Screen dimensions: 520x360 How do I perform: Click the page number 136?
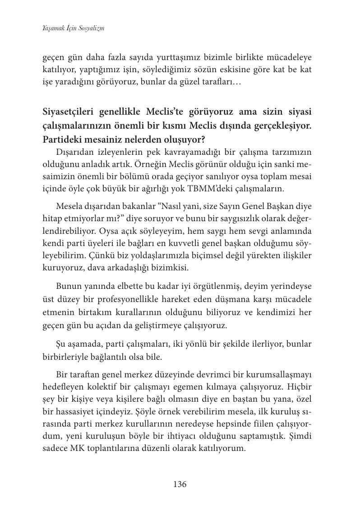tap(180, 484)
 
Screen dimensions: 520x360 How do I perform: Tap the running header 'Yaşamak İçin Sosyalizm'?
tap(73, 28)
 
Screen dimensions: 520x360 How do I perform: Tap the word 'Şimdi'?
tap(299, 436)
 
